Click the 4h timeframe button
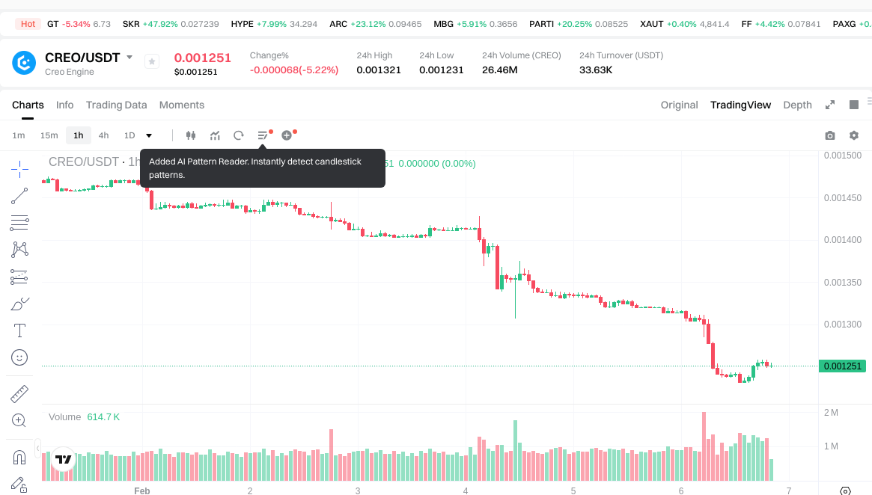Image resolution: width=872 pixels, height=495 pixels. tap(103, 135)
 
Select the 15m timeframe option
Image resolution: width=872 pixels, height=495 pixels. tap(49, 135)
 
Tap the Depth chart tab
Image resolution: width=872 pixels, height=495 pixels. tap(797, 105)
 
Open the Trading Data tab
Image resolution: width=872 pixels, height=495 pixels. tap(116, 105)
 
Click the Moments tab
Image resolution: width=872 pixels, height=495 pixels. tap(182, 105)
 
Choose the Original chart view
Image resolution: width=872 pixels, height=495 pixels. tap(679, 105)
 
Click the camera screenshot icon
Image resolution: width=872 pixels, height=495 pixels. tap(829, 135)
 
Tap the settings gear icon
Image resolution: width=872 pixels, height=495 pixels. tap(853, 135)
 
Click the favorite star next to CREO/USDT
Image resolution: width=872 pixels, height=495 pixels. tap(152, 61)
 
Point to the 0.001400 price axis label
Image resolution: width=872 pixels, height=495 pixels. tap(842, 240)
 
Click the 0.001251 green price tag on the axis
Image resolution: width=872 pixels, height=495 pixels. tap(842, 366)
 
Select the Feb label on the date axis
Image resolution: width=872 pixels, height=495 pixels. tap(142, 491)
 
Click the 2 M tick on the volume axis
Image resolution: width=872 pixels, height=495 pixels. tap(831, 413)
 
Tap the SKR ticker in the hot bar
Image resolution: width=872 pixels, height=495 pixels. tap(131, 24)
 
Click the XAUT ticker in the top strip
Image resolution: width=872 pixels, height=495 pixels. tap(651, 24)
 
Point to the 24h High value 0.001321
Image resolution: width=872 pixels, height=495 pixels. tap(379, 70)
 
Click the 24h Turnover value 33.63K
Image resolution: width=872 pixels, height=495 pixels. tap(596, 70)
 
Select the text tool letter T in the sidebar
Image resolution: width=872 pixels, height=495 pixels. tap(19, 330)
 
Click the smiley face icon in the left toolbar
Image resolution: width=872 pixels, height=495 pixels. tap(19, 357)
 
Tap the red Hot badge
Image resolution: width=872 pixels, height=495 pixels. tap(28, 24)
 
